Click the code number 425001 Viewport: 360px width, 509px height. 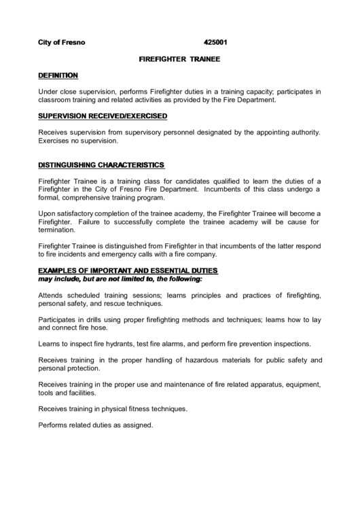coord(215,42)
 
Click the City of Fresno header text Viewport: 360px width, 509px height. coord(61,42)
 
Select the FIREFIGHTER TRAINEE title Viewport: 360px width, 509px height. coord(179,58)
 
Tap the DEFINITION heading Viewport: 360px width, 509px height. coord(58,75)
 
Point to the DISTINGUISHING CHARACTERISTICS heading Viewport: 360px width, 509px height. coord(101,165)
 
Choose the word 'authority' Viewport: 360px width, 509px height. coord(301,133)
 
